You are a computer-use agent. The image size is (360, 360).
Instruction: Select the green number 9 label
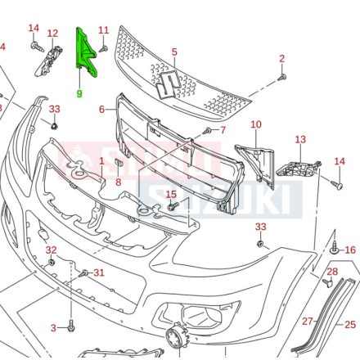[x=79, y=93]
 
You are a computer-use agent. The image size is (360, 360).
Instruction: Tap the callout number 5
[x=174, y=52]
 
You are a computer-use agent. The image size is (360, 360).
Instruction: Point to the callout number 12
[x=52, y=33]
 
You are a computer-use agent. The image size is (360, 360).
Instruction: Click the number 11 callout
[x=103, y=30]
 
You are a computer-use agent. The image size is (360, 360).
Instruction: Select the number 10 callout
[x=255, y=124]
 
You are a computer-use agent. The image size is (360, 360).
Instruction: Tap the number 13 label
[x=299, y=141]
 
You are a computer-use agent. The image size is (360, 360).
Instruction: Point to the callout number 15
[x=171, y=194]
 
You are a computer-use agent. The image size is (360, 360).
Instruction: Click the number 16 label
[x=350, y=250]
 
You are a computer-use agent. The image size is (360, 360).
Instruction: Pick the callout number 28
[x=332, y=272]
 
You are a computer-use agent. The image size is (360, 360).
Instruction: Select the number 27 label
[x=308, y=322]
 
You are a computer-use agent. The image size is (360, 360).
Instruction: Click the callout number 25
[x=350, y=325]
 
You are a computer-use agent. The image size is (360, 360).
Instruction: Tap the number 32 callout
[x=51, y=250]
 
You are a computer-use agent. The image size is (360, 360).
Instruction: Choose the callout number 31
[x=98, y=272]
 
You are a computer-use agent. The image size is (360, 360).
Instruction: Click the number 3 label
[x=53, y=328]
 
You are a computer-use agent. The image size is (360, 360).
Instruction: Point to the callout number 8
[x=118, y=182]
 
